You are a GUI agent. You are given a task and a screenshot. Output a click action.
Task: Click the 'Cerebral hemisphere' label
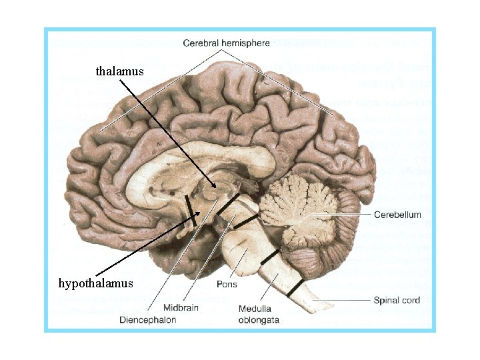pos(226,43)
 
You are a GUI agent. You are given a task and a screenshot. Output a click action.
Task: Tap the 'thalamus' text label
pos(119,70)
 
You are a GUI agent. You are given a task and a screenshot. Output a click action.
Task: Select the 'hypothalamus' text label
pos(95,283)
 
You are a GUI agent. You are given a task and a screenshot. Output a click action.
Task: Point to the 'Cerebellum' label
pos(397,215)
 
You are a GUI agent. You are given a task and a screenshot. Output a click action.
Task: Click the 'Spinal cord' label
pos(397,301)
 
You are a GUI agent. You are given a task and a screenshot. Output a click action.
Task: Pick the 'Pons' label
pos(227,284)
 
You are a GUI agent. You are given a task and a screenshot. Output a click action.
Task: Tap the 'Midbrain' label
pos(181,307)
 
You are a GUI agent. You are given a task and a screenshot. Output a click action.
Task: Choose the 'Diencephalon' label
pos(148,319)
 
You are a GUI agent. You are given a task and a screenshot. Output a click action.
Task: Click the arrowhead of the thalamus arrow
pos(215,187)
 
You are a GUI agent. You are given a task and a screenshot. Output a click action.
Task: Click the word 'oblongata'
pos(259,319)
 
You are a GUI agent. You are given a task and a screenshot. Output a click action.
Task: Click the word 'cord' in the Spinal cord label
pos(409,301)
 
